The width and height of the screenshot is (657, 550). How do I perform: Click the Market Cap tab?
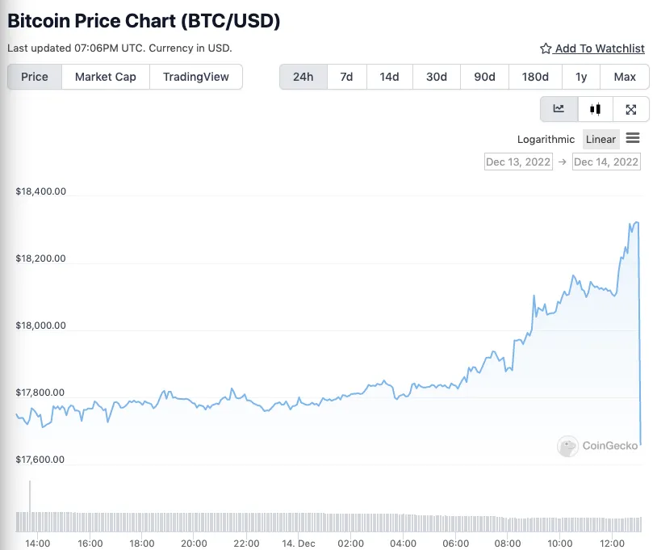click(105, 77)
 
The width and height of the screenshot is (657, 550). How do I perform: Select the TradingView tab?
click(195, 77)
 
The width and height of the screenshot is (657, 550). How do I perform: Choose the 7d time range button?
click(346, 77)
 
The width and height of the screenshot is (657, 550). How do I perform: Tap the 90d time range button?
click(484, 77)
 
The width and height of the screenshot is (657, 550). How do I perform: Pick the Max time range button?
click(624, 77)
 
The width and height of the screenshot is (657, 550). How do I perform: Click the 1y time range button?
click(581, 77)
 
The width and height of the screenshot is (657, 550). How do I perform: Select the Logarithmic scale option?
click(546, 139)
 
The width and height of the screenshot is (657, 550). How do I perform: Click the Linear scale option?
click(601, 139)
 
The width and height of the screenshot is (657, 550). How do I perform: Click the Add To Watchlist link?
click(592, 48)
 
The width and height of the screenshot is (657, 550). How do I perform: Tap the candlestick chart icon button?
click(596, 109)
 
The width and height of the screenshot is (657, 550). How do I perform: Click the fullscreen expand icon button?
click(631, 109)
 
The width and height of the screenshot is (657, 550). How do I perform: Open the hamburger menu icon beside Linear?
click(633, 138)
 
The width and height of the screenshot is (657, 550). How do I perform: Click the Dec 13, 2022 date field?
click(518, 162)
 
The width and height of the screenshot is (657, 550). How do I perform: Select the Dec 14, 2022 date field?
click(605, 162)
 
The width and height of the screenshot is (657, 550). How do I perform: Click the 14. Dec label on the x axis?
click(299, 543)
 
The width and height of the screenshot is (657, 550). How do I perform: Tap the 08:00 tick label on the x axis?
click(507, 543)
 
